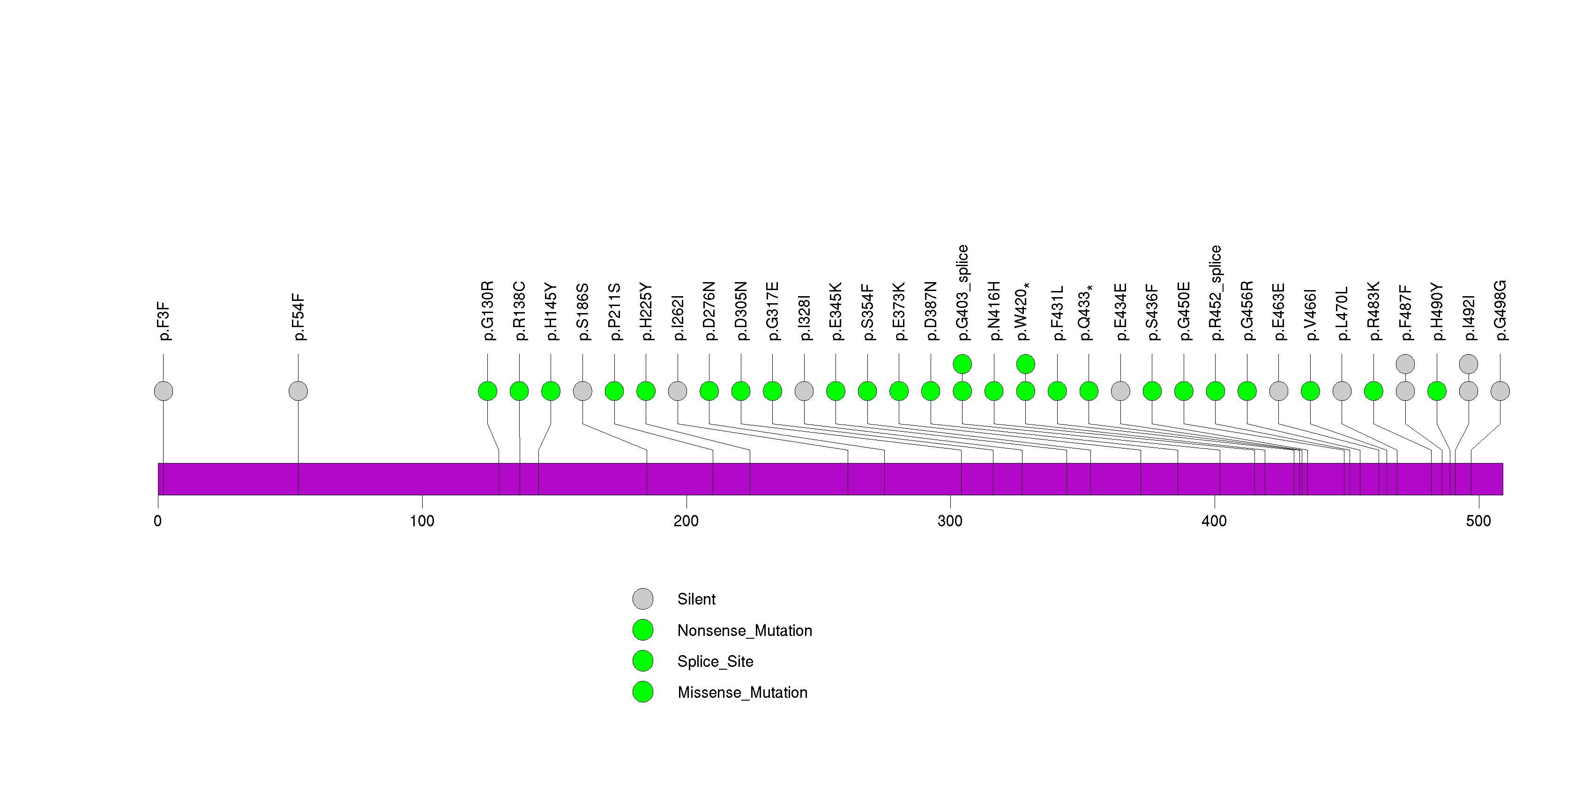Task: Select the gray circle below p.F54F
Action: click(x=298, y=391)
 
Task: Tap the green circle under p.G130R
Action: click(x=488, y=391)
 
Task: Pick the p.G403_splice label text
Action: click(x=963, y=292)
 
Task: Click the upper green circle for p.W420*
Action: click(x=1026, y=364)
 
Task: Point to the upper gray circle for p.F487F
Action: click(x=1405, y=364)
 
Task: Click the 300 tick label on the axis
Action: click(x=950, y=521)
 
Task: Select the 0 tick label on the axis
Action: click(x=158, y=521)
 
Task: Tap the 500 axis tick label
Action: click(x=1478, y=521)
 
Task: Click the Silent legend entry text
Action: click(x=696, y=599)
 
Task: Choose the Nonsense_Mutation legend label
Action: click(x=744, y=630)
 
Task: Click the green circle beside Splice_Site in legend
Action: click(x=643, y=661)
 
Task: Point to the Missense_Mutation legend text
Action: click(x=742, y=693)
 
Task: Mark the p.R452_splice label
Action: click(x=1216, y=292)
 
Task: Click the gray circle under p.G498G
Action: click(x=1500, y=391)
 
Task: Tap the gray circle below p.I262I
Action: click(x=678, y=391)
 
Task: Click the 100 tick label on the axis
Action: click(x=422, y=521)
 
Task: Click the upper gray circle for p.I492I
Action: click(x=1469, y=364)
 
